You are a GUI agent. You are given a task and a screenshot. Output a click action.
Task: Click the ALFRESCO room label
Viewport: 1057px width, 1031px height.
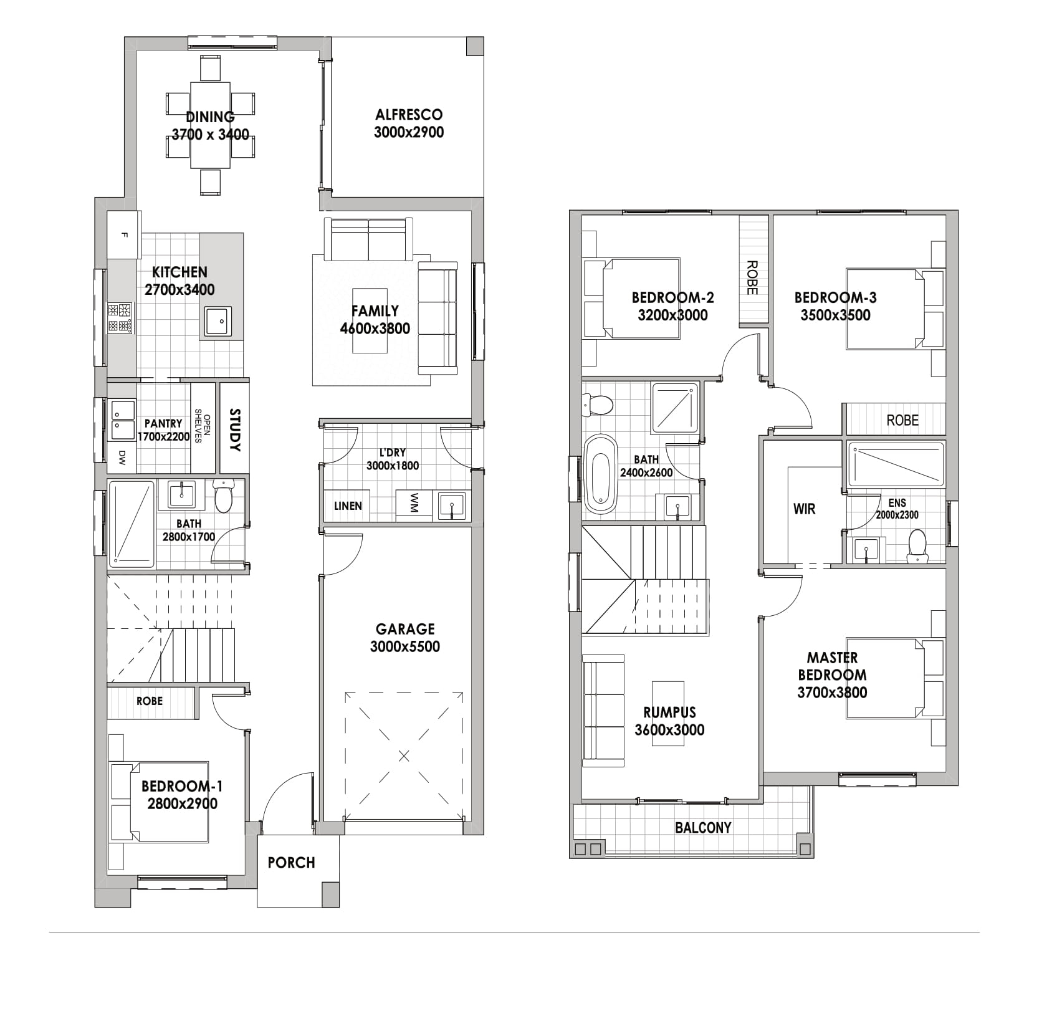pos(409,115)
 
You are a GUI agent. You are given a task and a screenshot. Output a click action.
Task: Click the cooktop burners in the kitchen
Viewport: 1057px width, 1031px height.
pos(120,318)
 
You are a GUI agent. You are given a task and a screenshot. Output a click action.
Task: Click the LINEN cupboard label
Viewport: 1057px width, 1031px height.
pos(348,506)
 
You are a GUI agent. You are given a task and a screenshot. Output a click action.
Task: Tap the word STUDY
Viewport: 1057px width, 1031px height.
pos(235,430)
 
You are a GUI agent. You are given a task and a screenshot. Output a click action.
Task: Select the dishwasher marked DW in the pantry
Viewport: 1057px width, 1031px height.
pos(122,458)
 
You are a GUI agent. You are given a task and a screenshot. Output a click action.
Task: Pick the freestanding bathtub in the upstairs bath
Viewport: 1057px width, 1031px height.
pos(601,471)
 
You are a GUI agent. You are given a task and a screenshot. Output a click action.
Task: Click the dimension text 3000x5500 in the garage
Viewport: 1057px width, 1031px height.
pos(405,647)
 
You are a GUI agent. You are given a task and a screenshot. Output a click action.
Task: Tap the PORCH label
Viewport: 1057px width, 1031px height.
pos(292,863)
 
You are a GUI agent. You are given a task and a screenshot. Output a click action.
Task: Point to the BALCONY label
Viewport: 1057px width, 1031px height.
pos(703,828)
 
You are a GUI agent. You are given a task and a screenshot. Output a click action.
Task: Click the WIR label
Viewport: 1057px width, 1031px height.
pos(804,509)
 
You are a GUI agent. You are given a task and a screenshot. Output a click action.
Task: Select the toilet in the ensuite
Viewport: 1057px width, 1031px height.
pos(917,546)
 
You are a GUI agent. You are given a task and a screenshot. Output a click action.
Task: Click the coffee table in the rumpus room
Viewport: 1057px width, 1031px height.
pos(669,712)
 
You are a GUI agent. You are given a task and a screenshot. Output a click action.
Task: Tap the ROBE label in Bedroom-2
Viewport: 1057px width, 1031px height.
pos(752,278)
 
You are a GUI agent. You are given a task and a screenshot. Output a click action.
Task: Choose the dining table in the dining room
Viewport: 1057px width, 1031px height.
pos(211,125)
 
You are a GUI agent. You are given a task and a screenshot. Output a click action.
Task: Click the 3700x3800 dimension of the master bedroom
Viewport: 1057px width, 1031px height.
pos(832,693)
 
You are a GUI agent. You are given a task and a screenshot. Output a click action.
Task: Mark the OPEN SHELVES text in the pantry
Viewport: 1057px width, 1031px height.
pos(203,426)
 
